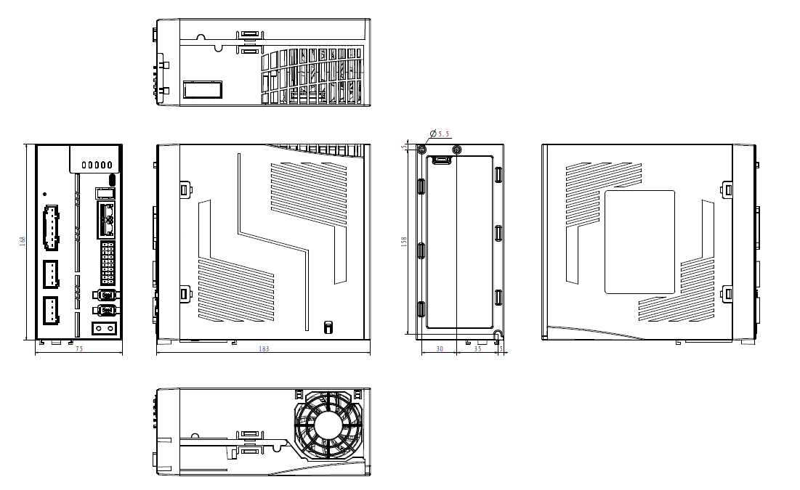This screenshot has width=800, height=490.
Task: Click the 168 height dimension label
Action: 23,241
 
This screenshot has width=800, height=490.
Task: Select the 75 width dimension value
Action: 79,348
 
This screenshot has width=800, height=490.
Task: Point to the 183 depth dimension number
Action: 264,348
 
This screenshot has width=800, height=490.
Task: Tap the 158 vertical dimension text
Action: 404,241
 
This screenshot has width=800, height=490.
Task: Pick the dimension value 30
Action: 440,348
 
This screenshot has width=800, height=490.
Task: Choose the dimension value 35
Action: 477,348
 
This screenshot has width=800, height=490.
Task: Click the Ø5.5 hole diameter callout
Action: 440,134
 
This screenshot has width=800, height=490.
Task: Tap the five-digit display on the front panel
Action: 97,165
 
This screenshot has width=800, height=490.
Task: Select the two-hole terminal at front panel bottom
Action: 104,328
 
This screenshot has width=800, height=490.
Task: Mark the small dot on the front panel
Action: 45,195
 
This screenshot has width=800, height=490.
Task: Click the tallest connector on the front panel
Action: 51,227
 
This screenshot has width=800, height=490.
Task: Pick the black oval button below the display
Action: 113,179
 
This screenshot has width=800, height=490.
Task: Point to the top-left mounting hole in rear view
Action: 421,150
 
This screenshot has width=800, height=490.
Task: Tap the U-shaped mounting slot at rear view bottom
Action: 498,335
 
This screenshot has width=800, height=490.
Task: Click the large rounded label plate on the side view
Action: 640,242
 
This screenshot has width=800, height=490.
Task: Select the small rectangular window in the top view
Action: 203,90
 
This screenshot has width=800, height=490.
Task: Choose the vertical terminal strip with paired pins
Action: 108,263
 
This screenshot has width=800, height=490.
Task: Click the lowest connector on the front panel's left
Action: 51,311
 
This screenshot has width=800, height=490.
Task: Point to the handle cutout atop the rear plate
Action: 442,160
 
